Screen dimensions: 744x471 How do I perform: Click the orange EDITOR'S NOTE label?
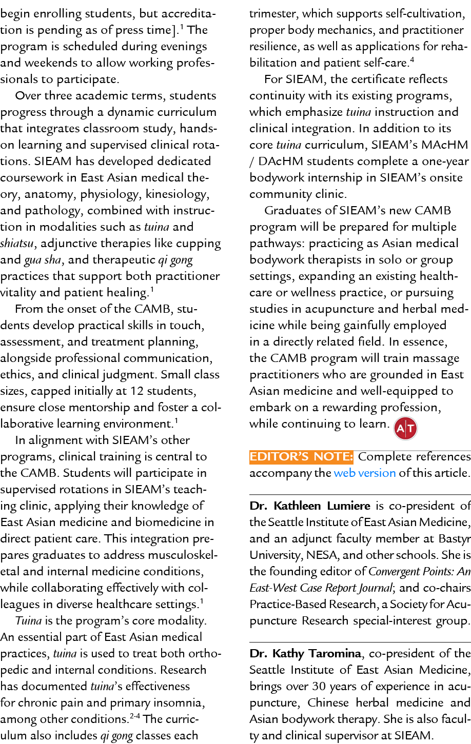[301, 456]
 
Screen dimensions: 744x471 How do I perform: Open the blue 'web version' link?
[364, 473]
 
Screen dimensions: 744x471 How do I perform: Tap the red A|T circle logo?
[405, 429]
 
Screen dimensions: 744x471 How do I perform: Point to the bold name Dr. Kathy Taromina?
[305, 653]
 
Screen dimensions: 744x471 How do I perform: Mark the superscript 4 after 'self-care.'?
[412, 60]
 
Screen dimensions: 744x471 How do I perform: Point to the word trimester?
[273, 13]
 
